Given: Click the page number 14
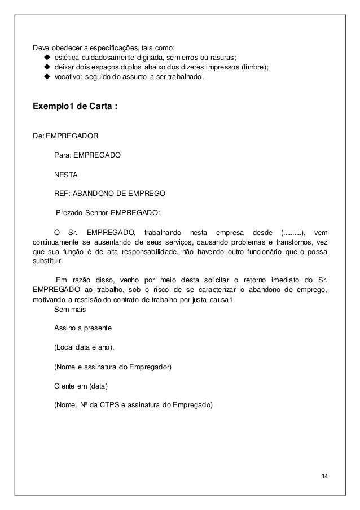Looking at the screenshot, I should click(x=323, y=477).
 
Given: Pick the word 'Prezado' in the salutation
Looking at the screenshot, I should click(x=69, y=213).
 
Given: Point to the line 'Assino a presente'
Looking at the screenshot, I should click(x=83, y=328).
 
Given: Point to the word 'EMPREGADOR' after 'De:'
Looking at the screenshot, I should click(x=72, y=136).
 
